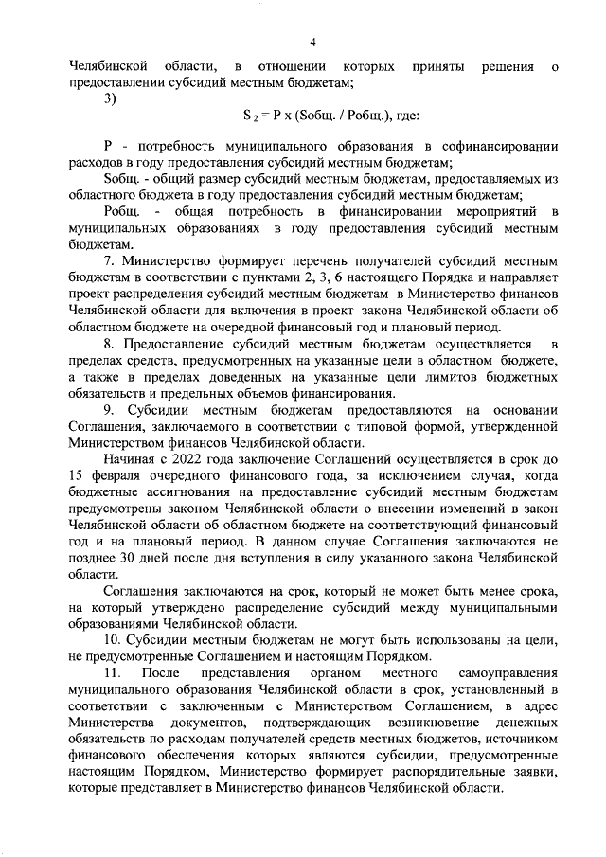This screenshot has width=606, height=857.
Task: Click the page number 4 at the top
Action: pyautogui.click(x=312, y=41)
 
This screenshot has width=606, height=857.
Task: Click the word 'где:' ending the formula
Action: pyautogui.click(x=390, y=118)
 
